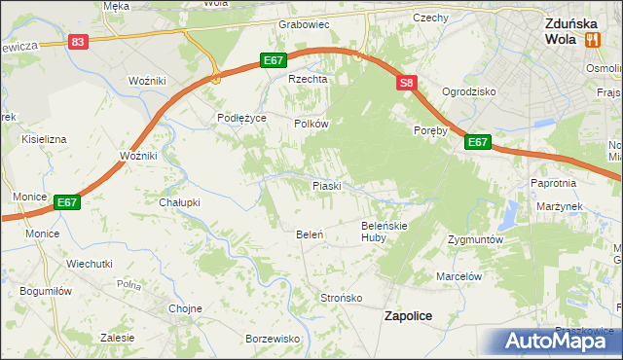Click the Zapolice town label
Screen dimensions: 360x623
pos(409,315)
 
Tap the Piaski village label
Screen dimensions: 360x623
pos(325,185)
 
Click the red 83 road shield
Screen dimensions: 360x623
pos(79,42)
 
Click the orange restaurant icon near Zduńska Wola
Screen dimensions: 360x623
pos(592,39)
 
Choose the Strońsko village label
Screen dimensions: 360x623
pos(342,297)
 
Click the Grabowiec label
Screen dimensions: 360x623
pos(305,23)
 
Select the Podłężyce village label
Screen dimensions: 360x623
pos(241,118)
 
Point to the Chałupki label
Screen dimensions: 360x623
pos(179,202)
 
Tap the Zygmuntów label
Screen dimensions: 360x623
pos(475,238)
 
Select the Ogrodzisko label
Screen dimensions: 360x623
pos(469,90)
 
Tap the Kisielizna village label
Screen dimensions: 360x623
pos(44,139)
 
